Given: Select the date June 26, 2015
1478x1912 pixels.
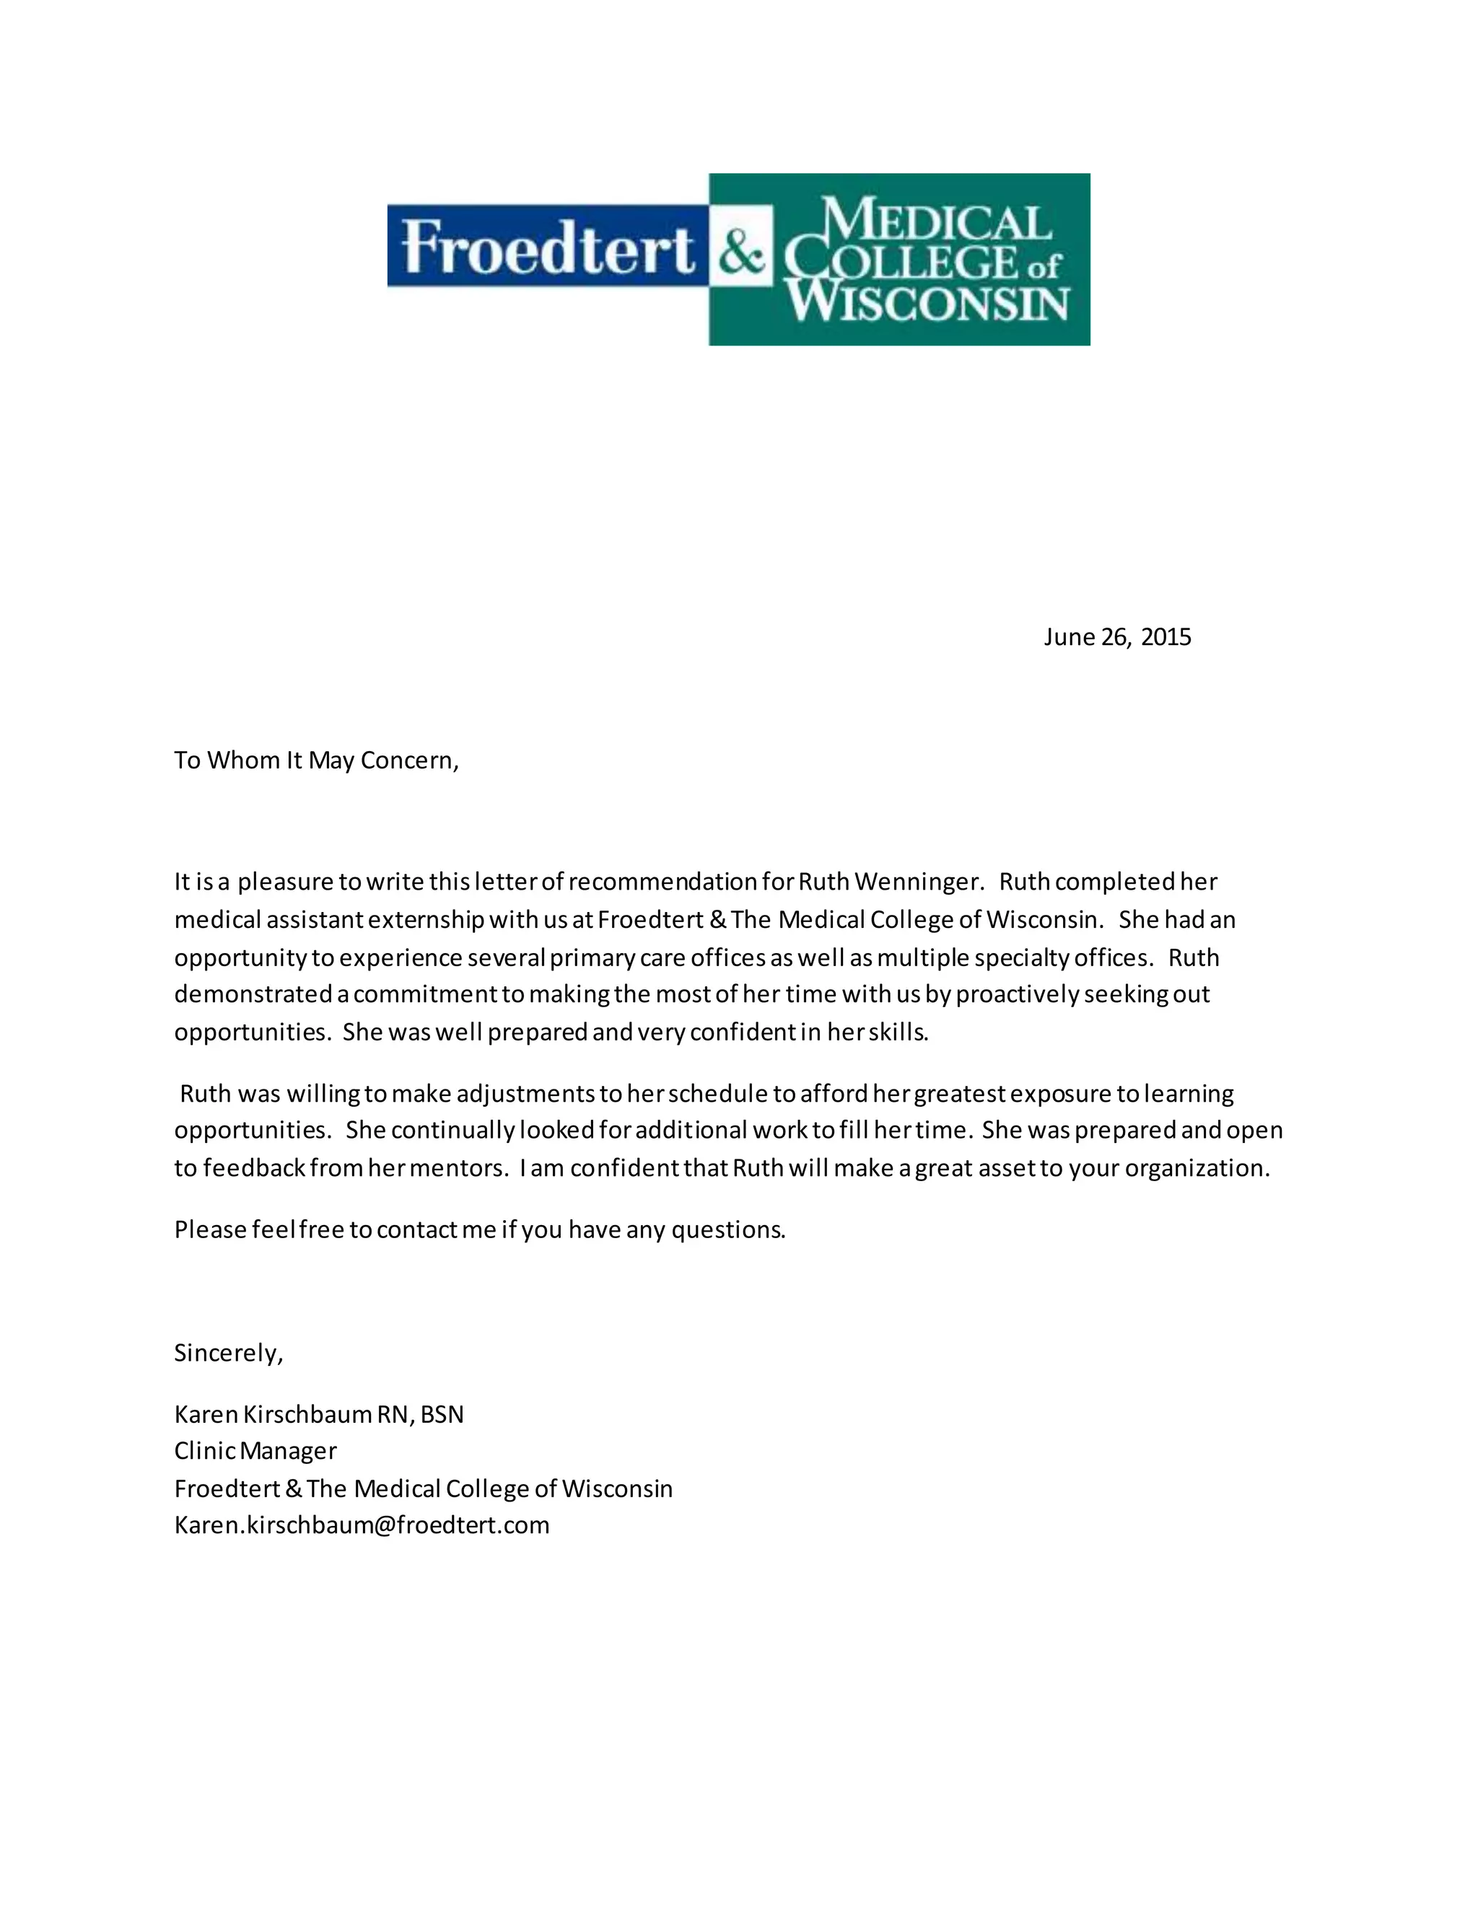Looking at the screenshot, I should tap(1116, 636).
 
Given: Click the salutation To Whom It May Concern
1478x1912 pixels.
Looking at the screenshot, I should tap(316, 760).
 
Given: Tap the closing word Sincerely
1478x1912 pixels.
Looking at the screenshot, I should tap(227, 1354).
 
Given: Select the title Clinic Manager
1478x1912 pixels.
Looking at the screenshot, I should tap(255, 1452).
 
